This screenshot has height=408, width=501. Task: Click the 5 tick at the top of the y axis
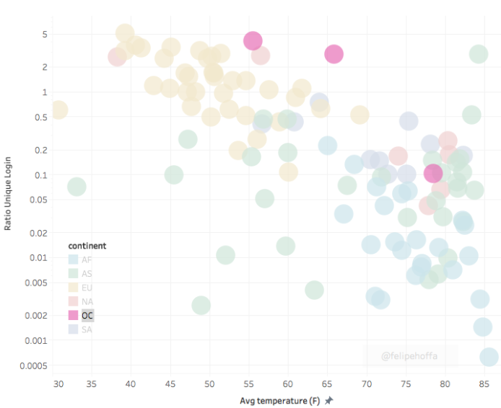(x=44, y=34)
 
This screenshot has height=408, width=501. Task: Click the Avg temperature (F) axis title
(x=281, y=399)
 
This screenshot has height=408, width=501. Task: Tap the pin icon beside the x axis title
(x=329, y=399)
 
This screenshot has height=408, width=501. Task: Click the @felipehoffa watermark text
(x=410, y=355)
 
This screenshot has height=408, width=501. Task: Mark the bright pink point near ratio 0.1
(x=433, y=173)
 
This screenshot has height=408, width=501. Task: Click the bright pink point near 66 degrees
(x=334, y=54)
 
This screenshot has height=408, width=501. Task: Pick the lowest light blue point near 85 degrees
(x=489, y=357)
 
